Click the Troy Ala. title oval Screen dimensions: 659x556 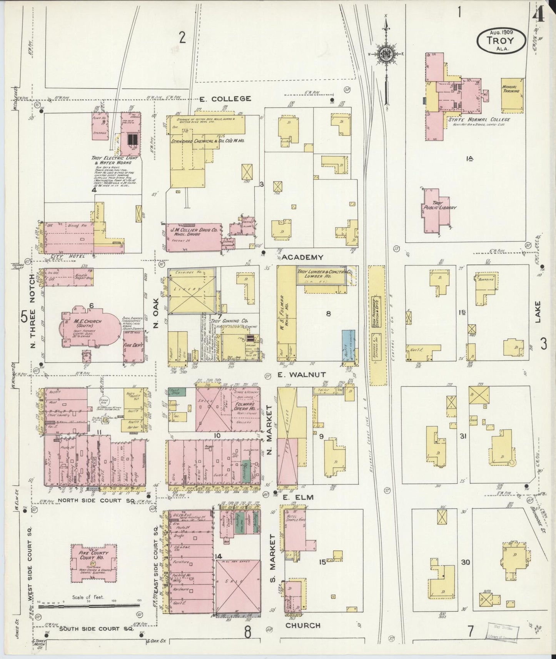(x=501, y=40)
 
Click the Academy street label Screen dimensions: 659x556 (x=302, y=257)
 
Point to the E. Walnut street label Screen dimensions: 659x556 (x=301, y=374)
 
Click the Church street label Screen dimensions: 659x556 (x=303, y=626)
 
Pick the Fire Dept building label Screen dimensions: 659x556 (x=133, y=345)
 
